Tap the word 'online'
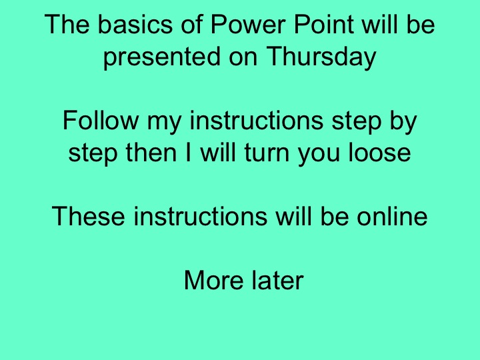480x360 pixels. (x=391, y=217)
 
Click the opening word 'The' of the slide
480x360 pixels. (x=66, y=26)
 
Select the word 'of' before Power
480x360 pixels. (x=187, y=26)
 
